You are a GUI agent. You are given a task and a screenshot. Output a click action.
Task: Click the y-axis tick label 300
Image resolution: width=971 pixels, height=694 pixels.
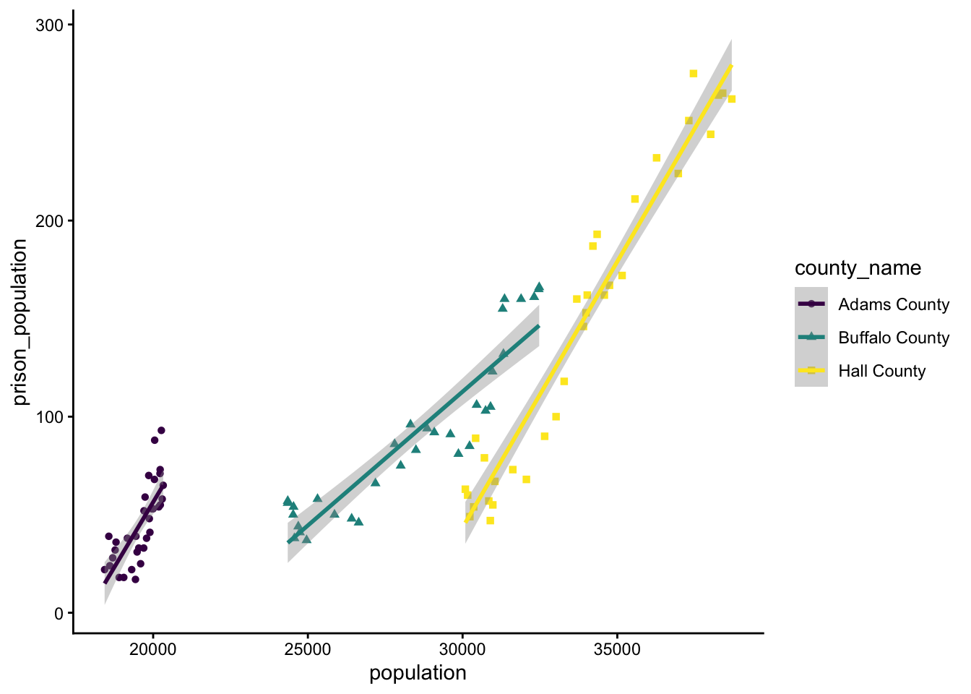50,25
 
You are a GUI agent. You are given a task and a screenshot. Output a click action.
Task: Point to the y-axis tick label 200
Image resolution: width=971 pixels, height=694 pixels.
50,221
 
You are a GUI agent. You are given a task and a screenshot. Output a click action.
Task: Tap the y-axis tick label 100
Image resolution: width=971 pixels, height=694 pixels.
50,417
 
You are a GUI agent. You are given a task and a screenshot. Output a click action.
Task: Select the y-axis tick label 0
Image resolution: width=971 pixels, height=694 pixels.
59,613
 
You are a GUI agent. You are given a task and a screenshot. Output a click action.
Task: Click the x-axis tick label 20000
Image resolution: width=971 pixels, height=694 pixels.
152,649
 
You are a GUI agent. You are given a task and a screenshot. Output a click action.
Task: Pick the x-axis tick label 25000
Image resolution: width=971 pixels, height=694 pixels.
308,649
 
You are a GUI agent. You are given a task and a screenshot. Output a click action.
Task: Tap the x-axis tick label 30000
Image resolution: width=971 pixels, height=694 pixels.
462,649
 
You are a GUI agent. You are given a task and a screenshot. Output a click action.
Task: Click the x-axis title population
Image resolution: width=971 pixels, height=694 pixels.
418,673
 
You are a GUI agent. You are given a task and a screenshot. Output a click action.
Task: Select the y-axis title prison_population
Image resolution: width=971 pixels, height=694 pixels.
20,322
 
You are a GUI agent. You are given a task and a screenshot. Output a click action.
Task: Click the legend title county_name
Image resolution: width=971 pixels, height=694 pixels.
858,268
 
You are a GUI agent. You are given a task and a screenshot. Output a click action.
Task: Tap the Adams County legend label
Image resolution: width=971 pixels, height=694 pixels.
894,304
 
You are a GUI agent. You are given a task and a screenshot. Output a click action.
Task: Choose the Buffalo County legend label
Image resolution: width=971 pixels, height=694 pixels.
894,338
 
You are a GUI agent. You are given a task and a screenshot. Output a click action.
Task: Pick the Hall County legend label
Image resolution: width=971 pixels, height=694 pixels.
882,371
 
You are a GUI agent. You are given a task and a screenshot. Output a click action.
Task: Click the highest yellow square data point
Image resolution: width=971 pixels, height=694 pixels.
694,74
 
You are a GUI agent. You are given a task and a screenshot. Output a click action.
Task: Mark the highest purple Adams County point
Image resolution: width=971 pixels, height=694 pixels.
161,430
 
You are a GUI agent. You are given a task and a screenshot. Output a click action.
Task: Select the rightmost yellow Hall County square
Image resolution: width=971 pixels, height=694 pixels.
731,99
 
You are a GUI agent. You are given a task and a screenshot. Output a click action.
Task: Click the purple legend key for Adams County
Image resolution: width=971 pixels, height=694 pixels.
811,304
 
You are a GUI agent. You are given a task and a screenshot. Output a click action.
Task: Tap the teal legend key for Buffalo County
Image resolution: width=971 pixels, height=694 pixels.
811,338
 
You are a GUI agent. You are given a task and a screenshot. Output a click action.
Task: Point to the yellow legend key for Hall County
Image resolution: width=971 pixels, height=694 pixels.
811,371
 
